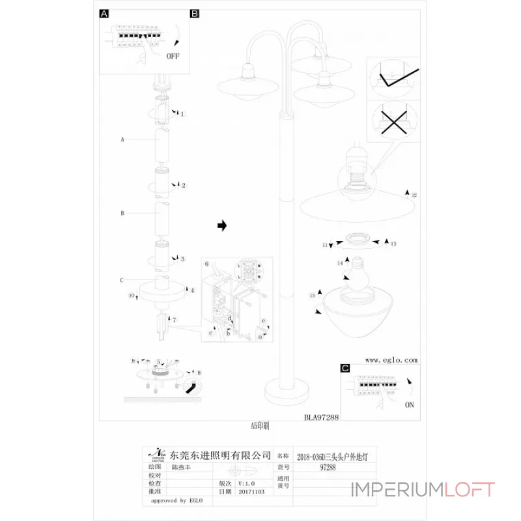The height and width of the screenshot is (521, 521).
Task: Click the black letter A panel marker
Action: (105, 13)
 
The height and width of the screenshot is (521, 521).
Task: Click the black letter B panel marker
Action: (194, 13)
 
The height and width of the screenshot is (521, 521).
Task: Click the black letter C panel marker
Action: (346, 369)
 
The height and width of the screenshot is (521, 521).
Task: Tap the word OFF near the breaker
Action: (173, 56)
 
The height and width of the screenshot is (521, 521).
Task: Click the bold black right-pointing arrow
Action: (221, 225)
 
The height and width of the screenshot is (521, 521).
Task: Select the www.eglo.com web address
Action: (391, 359)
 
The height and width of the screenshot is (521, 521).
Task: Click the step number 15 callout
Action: (313, 295)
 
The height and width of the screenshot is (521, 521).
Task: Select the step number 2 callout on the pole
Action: (184, 186)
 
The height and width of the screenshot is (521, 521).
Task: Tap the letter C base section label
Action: (122, 281)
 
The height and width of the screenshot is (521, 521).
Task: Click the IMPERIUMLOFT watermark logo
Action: (423, 490)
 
